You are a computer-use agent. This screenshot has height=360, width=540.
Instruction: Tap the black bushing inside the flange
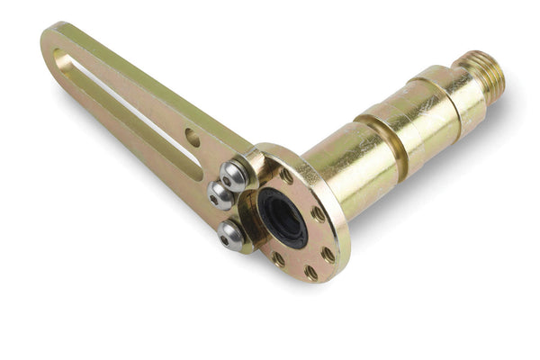pyautogui.click(x=283, y=218)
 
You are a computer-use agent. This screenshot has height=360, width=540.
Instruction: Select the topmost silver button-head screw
pyautogui.click(x=236, y=174)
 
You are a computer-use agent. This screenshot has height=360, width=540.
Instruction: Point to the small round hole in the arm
pyautogui.click(x=193, y=138)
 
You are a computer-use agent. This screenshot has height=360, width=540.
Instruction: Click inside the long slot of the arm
pyautogui.click(x=135, y=113)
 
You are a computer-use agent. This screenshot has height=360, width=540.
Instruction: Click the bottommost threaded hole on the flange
pyautogui.click(x=310, y=271)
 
